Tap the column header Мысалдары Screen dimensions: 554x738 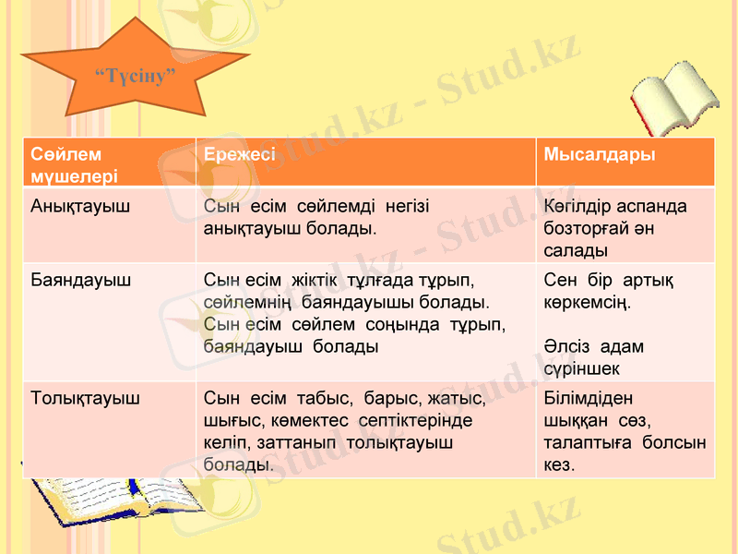[601, 154]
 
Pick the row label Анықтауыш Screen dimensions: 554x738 [80, 204]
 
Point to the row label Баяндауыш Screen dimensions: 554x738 [81, 277]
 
